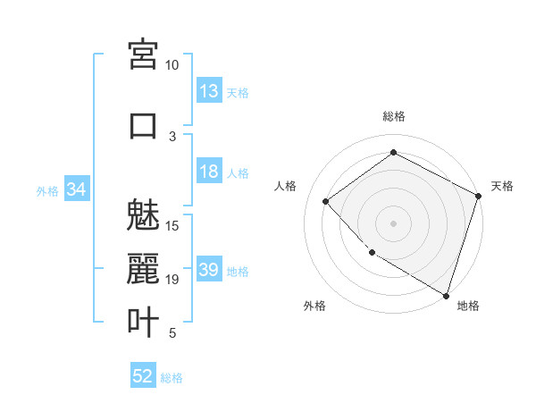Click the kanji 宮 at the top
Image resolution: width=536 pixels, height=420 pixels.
coord(144,56)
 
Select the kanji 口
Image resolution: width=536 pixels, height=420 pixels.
coord(144,125)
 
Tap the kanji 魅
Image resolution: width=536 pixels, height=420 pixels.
coord(144,214)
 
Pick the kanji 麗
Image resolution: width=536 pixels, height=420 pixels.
coord(144,269)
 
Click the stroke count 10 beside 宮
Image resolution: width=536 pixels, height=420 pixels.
coord(172,66)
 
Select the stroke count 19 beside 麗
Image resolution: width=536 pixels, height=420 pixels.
coord(172,280)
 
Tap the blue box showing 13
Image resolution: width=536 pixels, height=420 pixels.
coord(209,91)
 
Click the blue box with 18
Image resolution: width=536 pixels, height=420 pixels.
coord(209,172)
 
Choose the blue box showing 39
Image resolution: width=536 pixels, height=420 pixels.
coord(209,270)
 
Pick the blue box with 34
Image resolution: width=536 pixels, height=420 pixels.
coord(76,189)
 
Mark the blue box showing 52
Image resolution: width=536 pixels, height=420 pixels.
coord(143,376)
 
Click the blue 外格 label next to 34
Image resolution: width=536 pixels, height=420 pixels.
coord(47,190)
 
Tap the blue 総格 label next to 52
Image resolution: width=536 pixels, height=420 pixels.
coord(172,378)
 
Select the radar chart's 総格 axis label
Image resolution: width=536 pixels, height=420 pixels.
coord(394,116)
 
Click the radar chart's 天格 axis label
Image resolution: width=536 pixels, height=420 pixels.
coord(502,186)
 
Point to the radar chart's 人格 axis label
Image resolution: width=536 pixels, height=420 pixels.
coord(286,186)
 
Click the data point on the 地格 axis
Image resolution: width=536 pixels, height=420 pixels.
coord(446,294)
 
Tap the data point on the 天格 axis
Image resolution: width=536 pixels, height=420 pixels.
coord(479,196)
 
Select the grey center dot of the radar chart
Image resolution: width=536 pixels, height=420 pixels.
coord(394,223)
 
